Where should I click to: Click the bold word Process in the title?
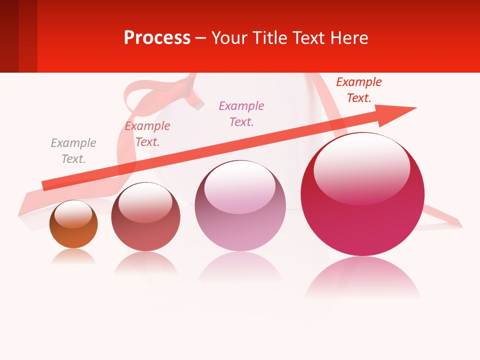pos(157,37)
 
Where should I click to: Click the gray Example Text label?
pos(73,151)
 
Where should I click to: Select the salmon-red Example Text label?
pos(147,134)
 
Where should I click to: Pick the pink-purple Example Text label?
pos(241,114)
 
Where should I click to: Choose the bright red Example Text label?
pos(358,90)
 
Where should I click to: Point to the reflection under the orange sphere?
pos(73,257)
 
